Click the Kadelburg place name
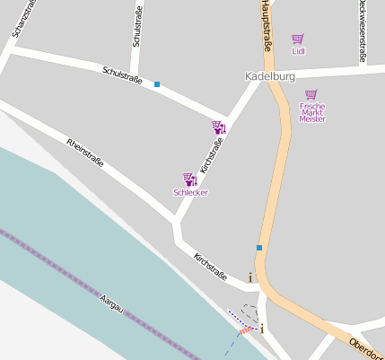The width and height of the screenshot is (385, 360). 270,76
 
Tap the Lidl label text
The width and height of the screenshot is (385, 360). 298,51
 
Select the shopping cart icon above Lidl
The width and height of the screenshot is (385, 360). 298,40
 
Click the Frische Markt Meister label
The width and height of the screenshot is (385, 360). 311,112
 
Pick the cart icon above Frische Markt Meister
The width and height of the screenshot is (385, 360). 311,94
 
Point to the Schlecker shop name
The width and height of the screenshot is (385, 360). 190,192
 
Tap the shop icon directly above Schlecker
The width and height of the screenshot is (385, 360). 189,180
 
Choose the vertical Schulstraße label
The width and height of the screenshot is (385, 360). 137,27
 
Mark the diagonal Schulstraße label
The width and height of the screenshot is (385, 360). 122,76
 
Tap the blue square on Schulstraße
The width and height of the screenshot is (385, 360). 157,84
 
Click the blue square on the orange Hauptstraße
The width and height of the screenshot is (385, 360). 259,247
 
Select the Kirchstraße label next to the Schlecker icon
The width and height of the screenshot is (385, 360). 209,155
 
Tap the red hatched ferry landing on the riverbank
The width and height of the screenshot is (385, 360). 246,330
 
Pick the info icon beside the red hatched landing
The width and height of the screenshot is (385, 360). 262,329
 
